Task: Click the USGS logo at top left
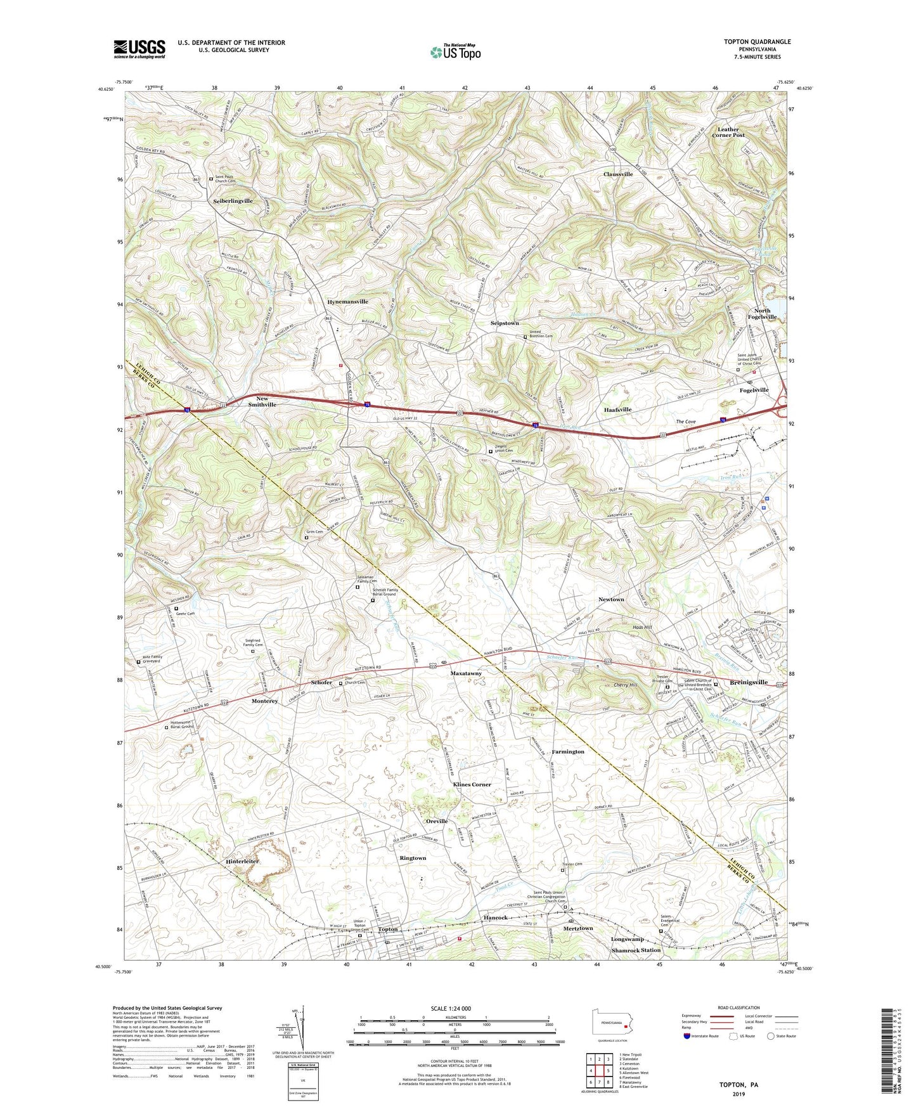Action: (139, 48)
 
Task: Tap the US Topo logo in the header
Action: (455, 52)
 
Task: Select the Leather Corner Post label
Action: (728, 132)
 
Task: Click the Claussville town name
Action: (617, 174)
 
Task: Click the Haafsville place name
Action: (617, 410)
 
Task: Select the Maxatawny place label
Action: (466, 673)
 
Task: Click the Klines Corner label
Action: (472, 784)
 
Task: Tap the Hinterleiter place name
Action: (242, 862)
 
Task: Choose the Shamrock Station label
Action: (636, 950)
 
